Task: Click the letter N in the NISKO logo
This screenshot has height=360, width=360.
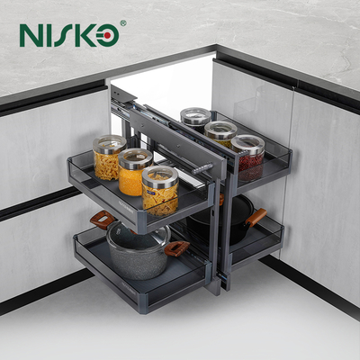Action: point(31,35)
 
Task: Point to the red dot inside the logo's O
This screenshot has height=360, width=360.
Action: point(108,36)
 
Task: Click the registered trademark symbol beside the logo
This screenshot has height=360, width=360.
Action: point(123,23)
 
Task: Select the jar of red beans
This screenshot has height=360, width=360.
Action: point(247,157)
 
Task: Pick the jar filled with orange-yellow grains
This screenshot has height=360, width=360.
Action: point(135,172)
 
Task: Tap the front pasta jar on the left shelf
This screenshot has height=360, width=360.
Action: point(160,191)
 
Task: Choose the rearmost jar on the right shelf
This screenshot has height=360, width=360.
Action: point(195,120)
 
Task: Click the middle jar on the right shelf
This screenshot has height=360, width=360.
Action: point(220,134)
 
